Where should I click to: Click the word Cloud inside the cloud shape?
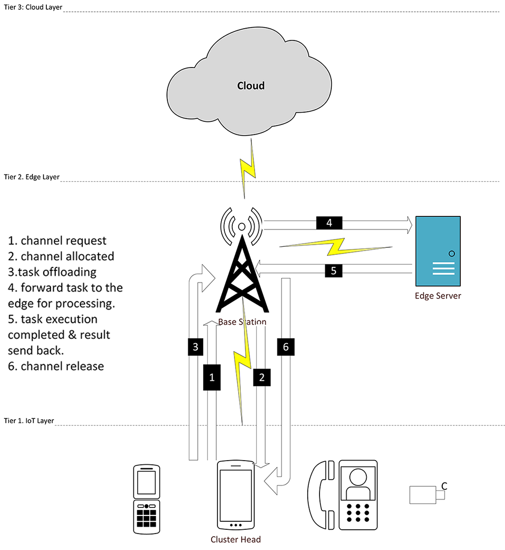pyautogui.click(x=251, y=86)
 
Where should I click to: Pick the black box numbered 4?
pyautogui.click(x=329, y=223)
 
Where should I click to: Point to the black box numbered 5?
pyautogui.click(x=333, y=270)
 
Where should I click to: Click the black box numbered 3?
pyautogui.click(x=196, y=347)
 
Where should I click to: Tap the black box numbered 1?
pyautogui.click(x=212, y=377)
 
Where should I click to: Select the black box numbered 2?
pyautogui.click(x=262, y=377)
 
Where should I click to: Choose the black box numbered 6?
pyautogui.click(x=285, y=347)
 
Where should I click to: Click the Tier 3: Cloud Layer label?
pyautogui.click(x=32, y=6)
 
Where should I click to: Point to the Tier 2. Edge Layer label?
pyautogui.click(x=31, y=177)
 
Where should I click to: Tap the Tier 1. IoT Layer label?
pyautogui.click(x=29, y=420)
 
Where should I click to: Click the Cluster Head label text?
pyautogui.click(x=235, y=539)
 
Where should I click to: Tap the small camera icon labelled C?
pyautogui.click(x=426, y=495)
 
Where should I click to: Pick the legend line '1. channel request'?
pyautogui.click(x=57, y=240)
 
